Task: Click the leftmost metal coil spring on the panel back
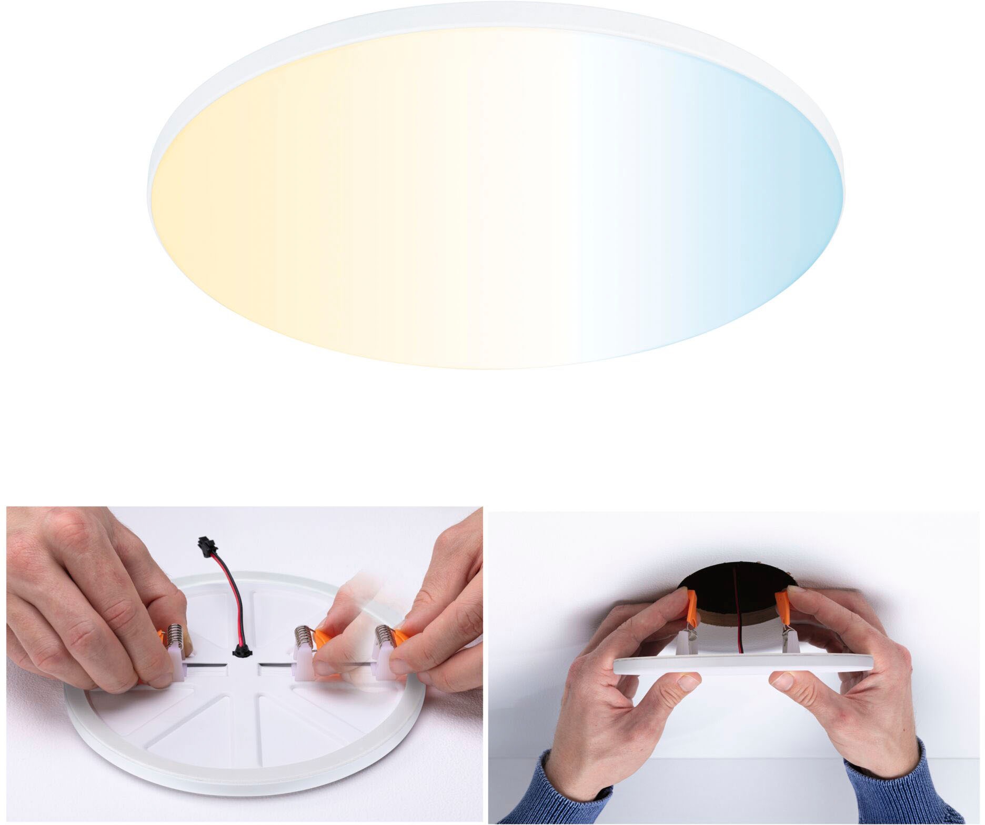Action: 175,636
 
